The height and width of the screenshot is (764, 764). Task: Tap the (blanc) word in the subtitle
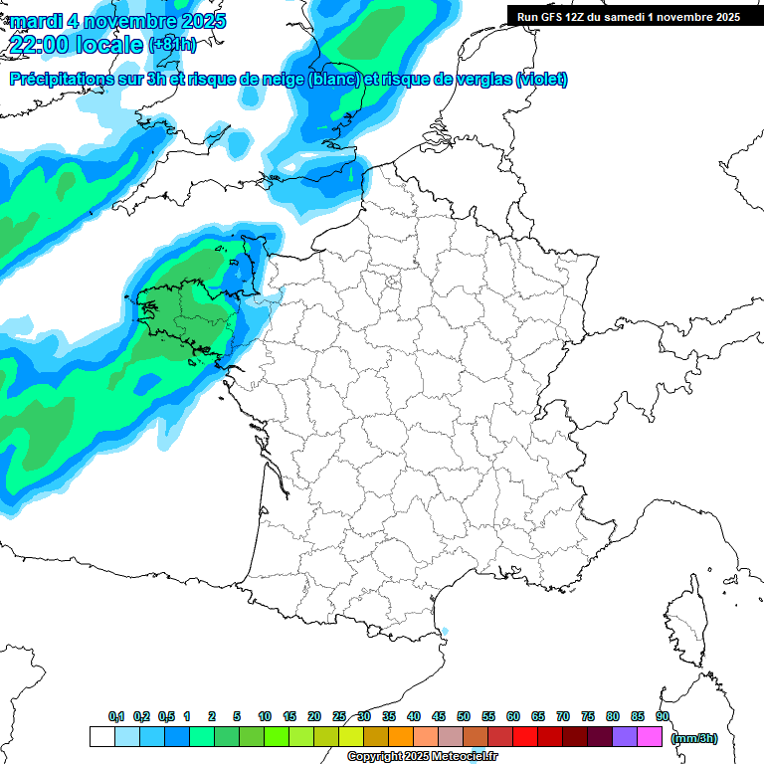click(x=332, y=80)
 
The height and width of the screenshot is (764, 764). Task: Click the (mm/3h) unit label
click(x=693, y=737)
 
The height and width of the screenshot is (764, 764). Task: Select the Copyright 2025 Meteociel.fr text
click(x=422, y=757)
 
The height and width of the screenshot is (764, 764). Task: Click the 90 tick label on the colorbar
click(x=663, y=716)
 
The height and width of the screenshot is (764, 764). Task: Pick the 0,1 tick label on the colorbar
click(x=115, y=716)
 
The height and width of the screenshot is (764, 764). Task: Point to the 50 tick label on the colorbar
click(x=464, y=716)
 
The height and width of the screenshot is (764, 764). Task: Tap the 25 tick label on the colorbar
click(x=339, y=716)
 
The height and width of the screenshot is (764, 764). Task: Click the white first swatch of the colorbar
click(x=101, y=736)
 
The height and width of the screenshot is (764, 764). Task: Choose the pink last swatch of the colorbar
click(x=650, y=736)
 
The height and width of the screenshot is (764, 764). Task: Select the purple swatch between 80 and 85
click(x=625, y=736)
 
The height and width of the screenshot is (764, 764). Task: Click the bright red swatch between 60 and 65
click(x=525, y=736)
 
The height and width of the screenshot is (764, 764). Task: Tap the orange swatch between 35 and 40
click(x=401, y=736)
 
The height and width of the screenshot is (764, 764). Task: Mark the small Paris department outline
click(x=391, y=285)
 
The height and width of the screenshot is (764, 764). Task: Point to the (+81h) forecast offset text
click(x=172, y=45)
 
